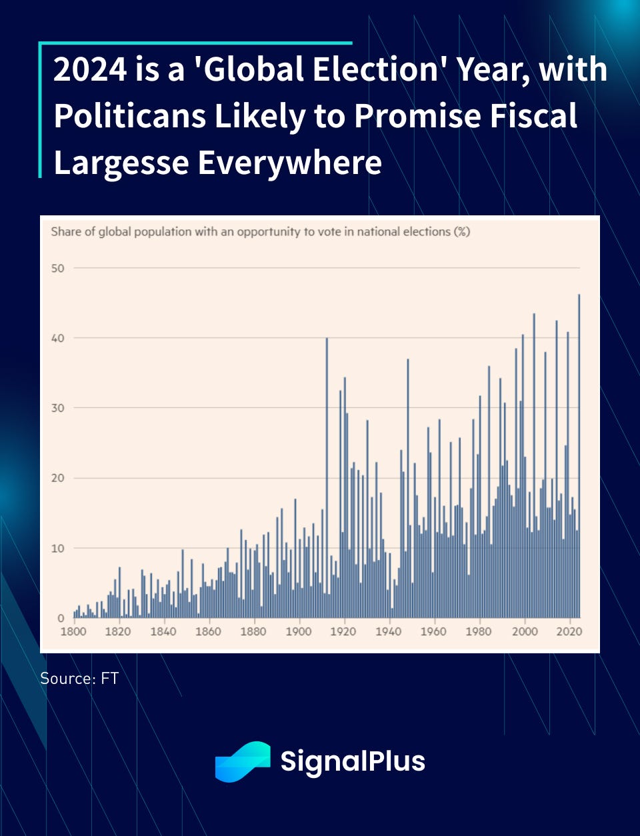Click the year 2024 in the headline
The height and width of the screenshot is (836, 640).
(91, 70)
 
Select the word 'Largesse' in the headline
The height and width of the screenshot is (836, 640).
(121, 163)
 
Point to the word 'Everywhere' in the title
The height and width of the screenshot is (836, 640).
(290, 163)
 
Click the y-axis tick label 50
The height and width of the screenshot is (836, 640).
(58, 268)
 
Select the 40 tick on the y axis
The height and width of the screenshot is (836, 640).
(58, 338)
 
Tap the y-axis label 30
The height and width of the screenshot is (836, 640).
(58, 408)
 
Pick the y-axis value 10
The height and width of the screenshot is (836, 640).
(58, 548)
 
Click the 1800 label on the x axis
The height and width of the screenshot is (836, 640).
(73, 631)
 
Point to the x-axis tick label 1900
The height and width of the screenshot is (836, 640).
(299, 631)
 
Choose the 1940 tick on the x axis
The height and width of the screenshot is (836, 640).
(389, 631)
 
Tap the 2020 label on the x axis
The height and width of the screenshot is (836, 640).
(569, 631)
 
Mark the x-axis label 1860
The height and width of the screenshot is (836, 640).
(208, 631)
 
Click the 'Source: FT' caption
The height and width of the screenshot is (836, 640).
(79, 678)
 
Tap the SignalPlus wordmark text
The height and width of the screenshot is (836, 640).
(353, 761)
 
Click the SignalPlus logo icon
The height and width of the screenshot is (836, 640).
(243, 761)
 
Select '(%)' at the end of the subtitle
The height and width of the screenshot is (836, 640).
(462, 232)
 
